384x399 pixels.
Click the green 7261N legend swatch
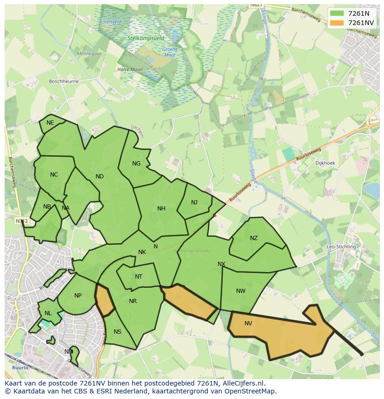(337, 13)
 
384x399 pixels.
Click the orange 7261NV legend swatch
(337, 23)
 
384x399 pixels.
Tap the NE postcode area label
(50, 123)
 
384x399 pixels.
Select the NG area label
(136, 163)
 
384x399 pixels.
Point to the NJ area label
(194, 202)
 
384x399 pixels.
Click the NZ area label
(254, 238)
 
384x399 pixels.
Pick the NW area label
(241, 291)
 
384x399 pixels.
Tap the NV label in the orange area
(248, 323)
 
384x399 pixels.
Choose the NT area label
(139, 277)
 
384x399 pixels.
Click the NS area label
(117, 331)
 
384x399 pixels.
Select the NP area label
(78, 296)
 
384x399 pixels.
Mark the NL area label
(48, 313)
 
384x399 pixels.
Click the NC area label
(54, 175)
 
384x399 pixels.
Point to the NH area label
(161, 209)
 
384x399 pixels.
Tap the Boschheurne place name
(64, 81)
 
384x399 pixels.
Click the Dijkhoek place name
(325, 163)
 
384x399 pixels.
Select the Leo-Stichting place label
(341, 247)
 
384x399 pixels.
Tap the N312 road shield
(21, 221)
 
